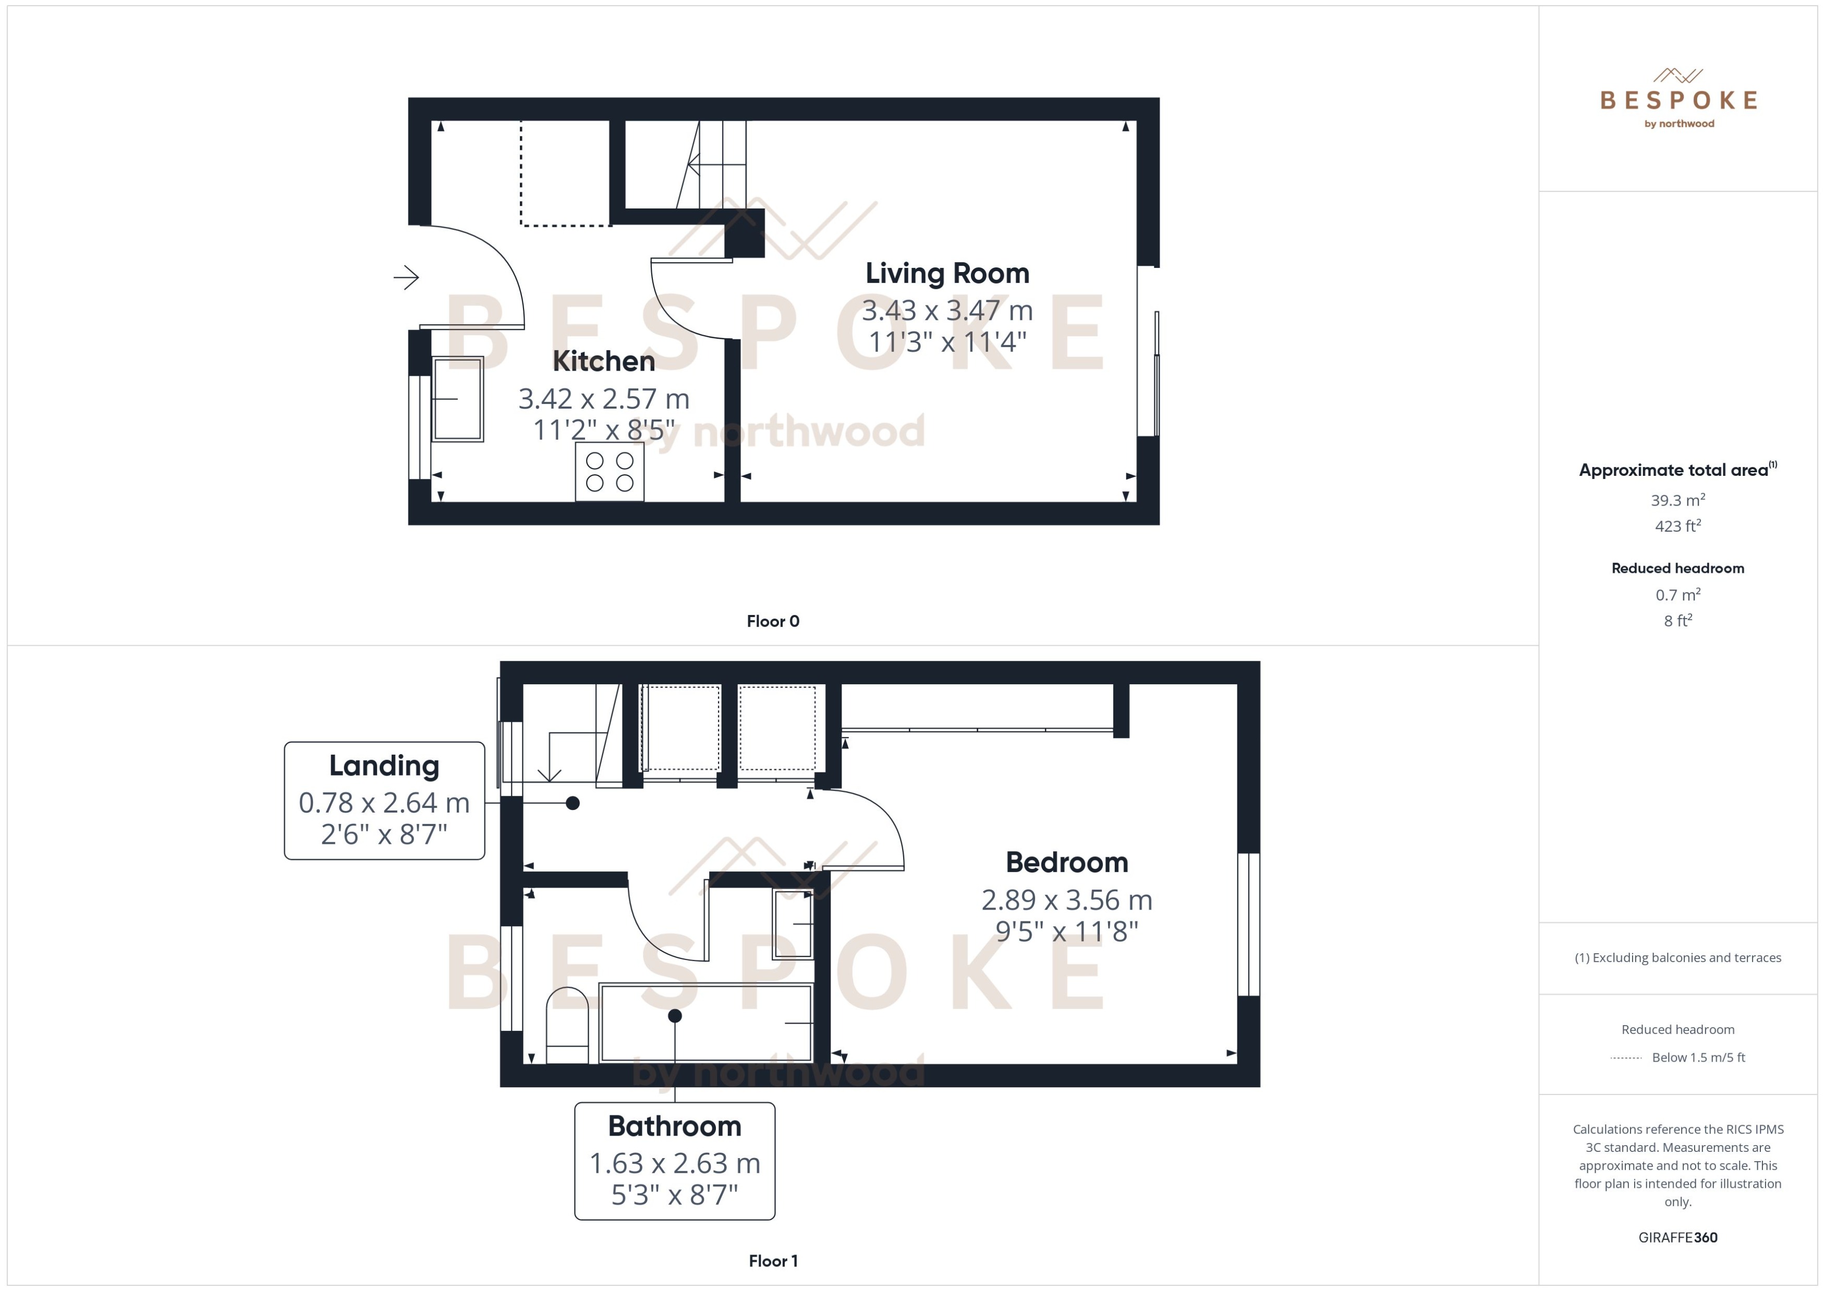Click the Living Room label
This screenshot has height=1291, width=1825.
click(x=947, y=274)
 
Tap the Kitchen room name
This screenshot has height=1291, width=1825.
click(x=604, y=362)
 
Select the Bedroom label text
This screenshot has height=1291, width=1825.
click(x=1066, y=863)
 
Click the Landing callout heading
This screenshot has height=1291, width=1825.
click(x=384, y=766)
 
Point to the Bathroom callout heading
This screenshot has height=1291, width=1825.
click(x=674, y=1126)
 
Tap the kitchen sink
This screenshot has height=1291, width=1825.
click(x=457, y=398)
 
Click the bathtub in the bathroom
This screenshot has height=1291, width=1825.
click(x=706, y=1023)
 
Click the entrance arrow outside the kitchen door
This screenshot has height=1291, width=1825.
click(x=406, y=277)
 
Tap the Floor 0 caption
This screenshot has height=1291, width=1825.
click(x=772, y=622)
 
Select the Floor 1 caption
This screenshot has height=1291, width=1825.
click(x=772, y=1261)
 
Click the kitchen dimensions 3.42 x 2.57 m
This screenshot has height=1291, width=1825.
click(x=604, y=398)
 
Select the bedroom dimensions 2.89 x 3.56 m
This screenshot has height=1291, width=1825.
click(x=1066, y=900)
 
